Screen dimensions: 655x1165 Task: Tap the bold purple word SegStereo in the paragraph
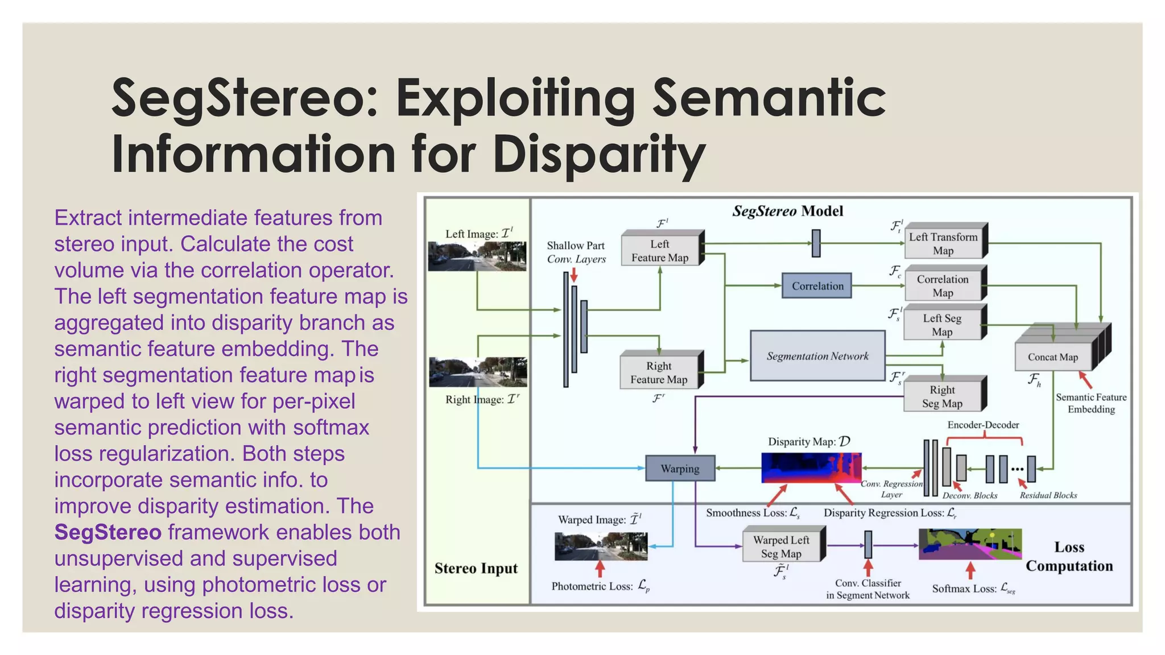click(x=108, y=532)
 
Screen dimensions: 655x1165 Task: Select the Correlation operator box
click(x=817, y=286)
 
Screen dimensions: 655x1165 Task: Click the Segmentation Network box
click(x=817, y=356)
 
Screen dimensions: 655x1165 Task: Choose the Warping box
click(x=680, y=469)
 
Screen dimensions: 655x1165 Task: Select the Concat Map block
click(x=1053, y=356)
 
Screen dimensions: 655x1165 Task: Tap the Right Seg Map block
click(x=942, y=396)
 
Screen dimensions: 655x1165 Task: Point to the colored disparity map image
click(x=811, y=467)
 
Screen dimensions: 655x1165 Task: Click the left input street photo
click(x=477, y=256)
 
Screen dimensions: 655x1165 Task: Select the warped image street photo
click(x=601, y=546)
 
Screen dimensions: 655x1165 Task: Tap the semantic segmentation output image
click(x=970, y=544)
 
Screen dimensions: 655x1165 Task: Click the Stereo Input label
click(x=476, y=568)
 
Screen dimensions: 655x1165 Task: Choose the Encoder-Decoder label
click(x=983, y=425)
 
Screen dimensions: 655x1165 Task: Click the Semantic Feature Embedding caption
click(x=1090, y=403)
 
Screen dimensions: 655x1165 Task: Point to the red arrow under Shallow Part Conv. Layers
click(x=574, y=275)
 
